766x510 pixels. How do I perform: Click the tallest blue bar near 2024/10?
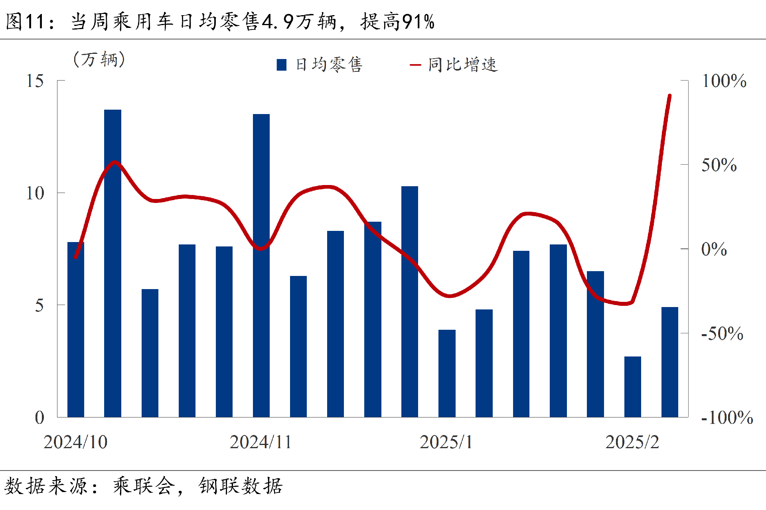click(113, 263)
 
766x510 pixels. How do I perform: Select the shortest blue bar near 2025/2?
click(632, 386)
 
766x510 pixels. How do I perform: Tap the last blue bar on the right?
click(669, 362)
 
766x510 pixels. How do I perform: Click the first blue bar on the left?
click(75, 329)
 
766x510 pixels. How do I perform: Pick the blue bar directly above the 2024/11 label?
click(261, 266)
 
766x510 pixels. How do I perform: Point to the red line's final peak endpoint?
click(670, 96)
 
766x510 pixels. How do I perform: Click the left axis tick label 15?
click(35, 81)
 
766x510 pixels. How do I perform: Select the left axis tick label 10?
click(35, 194)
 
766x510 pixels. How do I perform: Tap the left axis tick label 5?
click(39, 306)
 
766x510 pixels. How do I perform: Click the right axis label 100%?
click(724, 81)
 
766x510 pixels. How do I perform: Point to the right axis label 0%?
click(714, 250)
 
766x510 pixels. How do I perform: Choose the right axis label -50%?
click(722, 334)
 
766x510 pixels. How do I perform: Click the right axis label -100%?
click(727, 418)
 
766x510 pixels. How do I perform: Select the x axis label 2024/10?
click(75, 442)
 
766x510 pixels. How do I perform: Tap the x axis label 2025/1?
click(446, 442)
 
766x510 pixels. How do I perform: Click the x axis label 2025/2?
click(632, 442)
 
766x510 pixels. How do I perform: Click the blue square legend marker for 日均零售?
click(282, 65)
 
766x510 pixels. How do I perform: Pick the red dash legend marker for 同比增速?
click(415, 65)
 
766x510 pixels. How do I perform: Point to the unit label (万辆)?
click(99, 60)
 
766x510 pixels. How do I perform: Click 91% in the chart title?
click(418, 22)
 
